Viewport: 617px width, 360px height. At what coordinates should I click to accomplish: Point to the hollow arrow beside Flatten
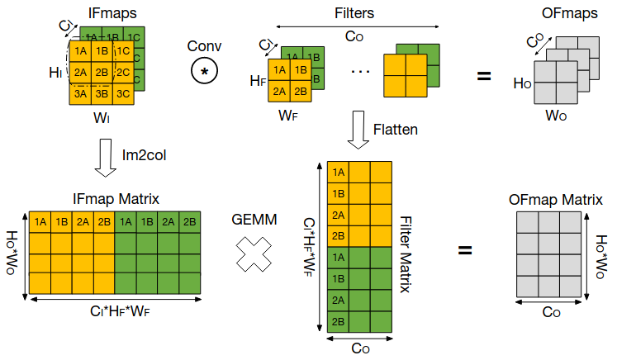pos(358,130)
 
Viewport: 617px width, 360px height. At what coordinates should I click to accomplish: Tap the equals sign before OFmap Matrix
pos(465,248)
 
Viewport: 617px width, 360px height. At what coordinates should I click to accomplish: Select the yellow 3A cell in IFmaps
pos(80,93)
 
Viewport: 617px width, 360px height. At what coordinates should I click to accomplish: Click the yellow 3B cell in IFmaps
pos(101,93)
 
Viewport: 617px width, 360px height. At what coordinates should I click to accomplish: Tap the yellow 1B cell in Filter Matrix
pos(338,193)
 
